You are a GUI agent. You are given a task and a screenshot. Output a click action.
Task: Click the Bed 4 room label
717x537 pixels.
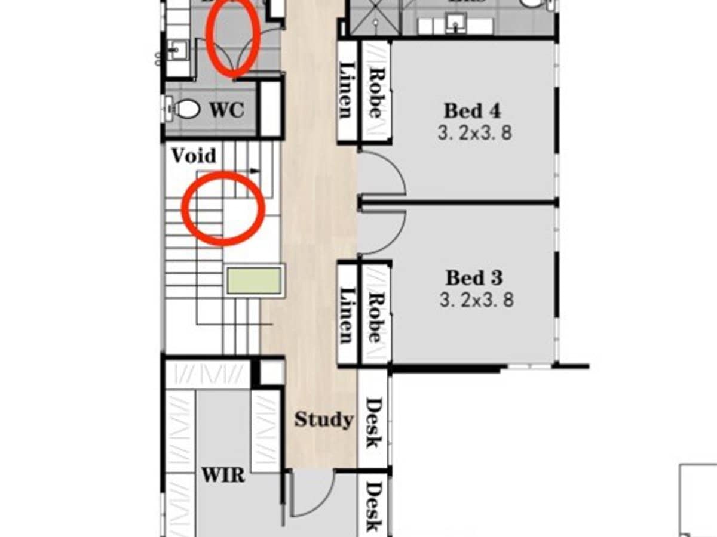click(x=472, y=111)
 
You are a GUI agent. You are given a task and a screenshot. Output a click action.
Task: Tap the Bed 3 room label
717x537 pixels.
click(x=474, y=278)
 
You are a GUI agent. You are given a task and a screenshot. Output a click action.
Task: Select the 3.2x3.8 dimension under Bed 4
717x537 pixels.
click(x=474, y=132)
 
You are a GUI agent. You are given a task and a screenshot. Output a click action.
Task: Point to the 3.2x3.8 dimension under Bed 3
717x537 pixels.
click(x=476, y=299)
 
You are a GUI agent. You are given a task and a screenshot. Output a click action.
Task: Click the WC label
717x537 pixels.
click(x=226, y=110)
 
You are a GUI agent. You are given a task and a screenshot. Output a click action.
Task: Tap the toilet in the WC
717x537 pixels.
click(x=186, y=109)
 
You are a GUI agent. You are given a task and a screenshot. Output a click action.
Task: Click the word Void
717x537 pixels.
click(x=193, y=156)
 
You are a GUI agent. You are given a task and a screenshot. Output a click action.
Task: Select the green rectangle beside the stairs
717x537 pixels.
click(x=255, y=280)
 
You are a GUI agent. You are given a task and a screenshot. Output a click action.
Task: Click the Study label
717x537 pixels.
click(x=323, y=419)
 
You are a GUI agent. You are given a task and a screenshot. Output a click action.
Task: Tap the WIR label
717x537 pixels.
click(x=222, y=476)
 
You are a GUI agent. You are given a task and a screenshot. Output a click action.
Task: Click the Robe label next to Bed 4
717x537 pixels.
click(x=375, y=92)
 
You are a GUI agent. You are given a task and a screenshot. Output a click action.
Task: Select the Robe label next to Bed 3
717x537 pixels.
click(x=375, y=317)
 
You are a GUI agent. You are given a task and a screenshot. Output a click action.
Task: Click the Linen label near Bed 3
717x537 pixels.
click(x=347, y=315)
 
